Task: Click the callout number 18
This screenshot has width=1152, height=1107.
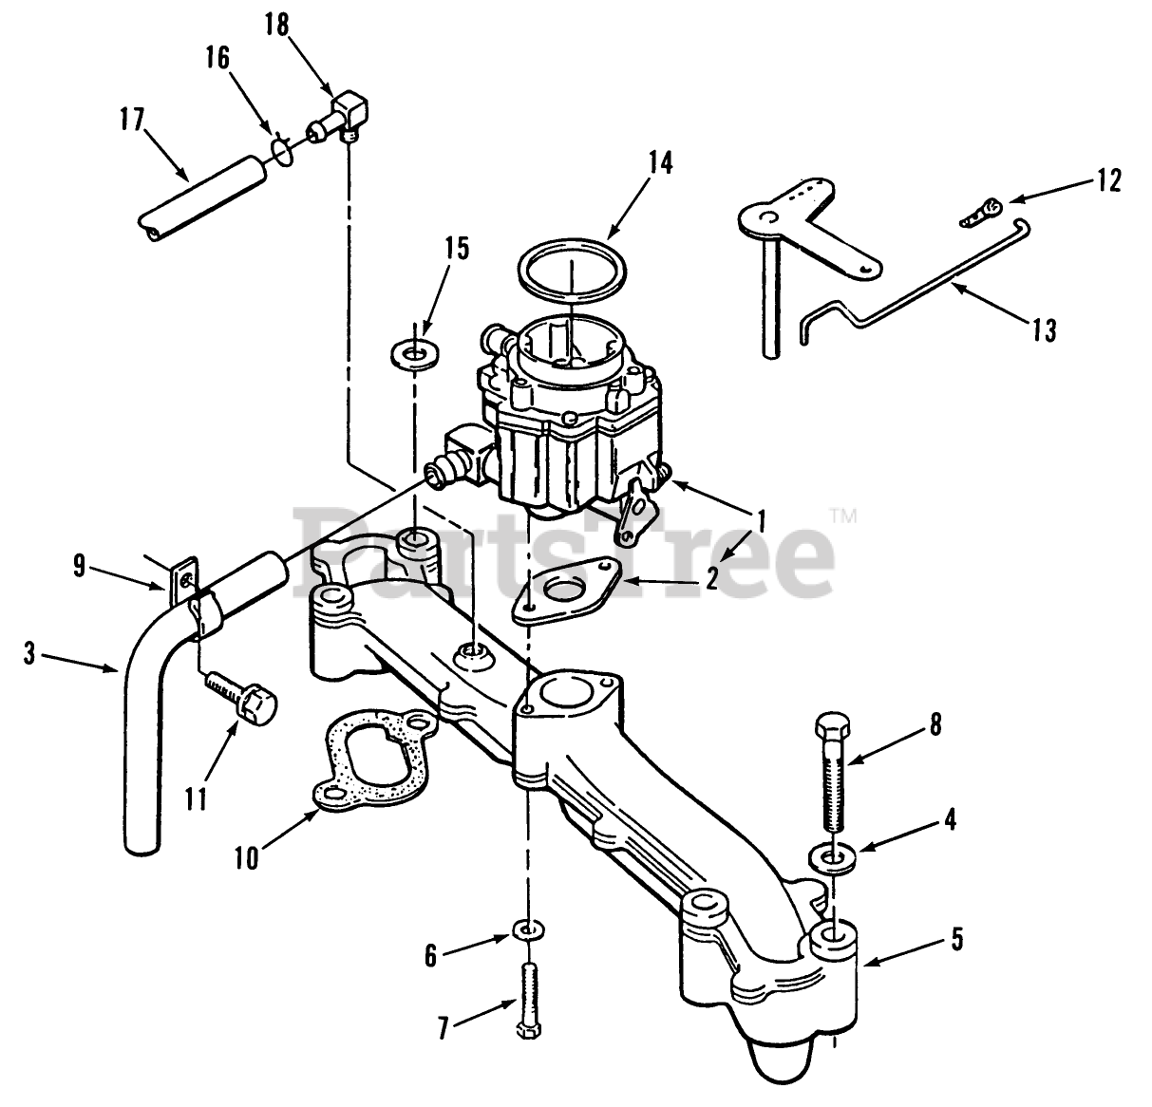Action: (x=276, y=26)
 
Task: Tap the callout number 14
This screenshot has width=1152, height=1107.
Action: (x=659, y=162)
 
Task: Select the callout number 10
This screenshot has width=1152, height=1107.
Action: (x=246, y=857)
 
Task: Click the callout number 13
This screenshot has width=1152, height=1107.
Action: (x=1043, y=330)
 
